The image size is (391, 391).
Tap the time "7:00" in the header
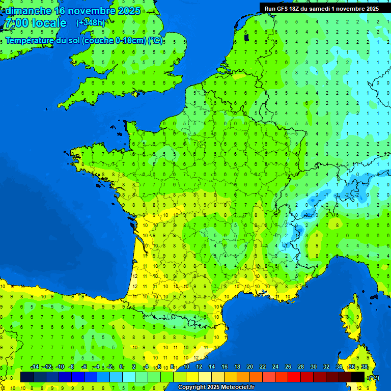(16, 23)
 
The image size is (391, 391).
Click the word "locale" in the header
(49, 23)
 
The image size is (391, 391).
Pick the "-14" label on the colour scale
(35, 367)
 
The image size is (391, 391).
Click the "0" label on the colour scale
(121, 367)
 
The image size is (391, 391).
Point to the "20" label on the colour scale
(249, 367)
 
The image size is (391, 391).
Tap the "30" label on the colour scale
(313, 367)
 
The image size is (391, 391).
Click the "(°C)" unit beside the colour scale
(374, 377)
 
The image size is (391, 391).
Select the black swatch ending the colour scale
(358, 377)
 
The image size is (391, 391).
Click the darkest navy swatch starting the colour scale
(27, 377)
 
